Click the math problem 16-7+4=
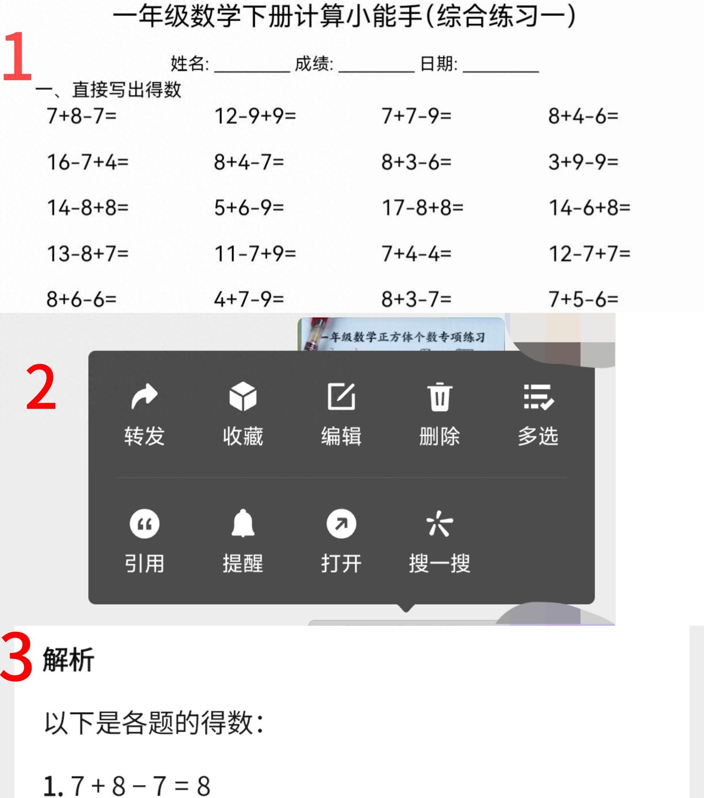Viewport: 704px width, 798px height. click(x=87, y=162)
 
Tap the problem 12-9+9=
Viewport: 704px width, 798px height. click(x=255, y=116)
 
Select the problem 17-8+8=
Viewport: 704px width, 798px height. click(x=422, y=208)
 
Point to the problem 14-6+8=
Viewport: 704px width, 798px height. click(x=590, y=208)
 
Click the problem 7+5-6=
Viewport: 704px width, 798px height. click(x=584, y=299)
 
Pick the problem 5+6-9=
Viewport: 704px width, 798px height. click(x=249, y=208)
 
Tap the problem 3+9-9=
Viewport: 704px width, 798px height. click(x=584, y=162)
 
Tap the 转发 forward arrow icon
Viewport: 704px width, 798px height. click(x=144, y=397)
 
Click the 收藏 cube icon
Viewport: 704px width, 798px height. click(x=243, y=397)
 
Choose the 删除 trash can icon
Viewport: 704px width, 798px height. click(x=439, y=397)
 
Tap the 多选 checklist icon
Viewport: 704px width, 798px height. click(x=538, y=397)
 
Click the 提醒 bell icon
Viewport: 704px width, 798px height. click(x=243, y=523)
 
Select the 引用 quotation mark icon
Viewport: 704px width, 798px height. click(x=144, y=524)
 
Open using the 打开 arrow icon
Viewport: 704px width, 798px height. click(x=341, y=524)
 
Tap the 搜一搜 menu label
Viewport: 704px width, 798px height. click(x=439, y=564)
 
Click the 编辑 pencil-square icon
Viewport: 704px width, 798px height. click(x=341, y=397)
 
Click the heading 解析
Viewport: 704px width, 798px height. click(x=68, y=659)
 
